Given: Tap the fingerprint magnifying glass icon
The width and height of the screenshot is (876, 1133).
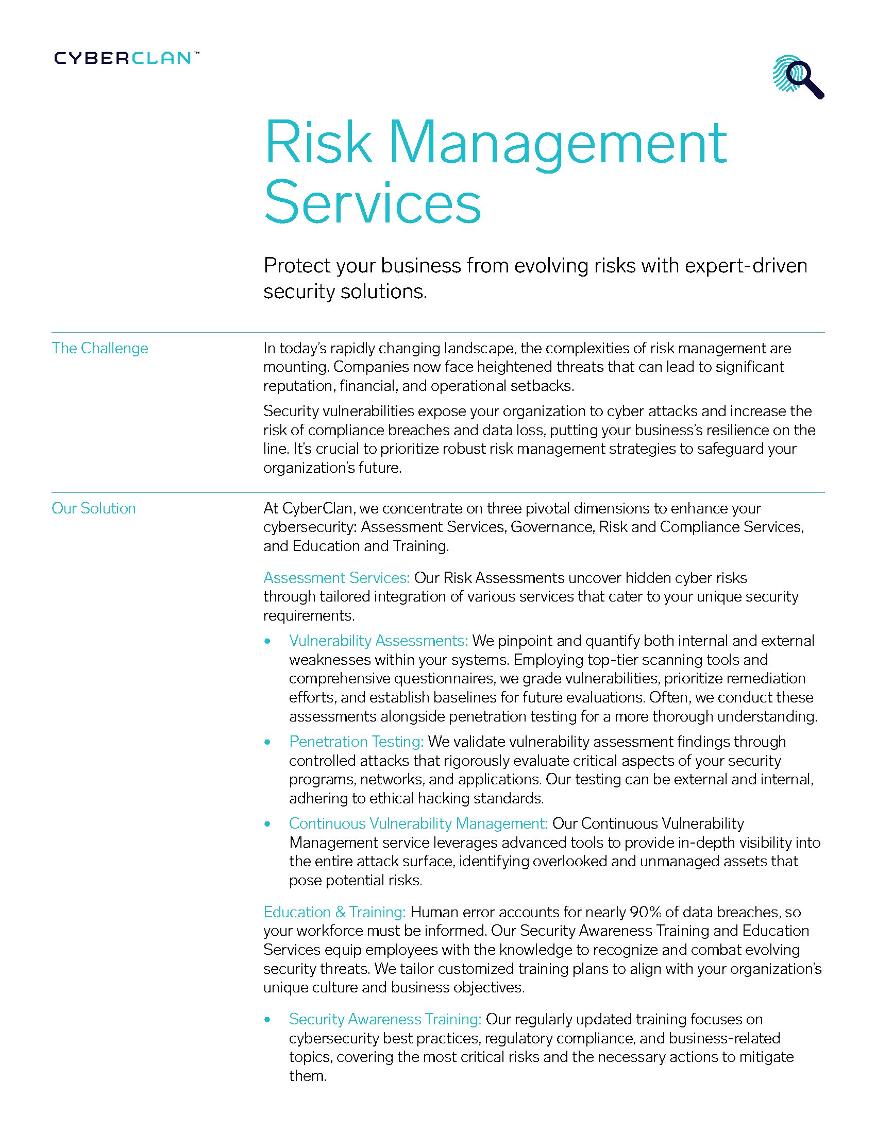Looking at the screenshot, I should pyautogui.click(x=798, y=77).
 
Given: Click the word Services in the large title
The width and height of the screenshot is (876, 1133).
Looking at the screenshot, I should pyautogui.click(x=373, y=203).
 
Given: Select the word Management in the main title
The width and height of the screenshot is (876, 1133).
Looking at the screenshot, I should pyautogui.click(x=558, y=143).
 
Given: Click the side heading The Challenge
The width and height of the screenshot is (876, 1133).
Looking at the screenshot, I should pyautogui.click(x=99, y=348).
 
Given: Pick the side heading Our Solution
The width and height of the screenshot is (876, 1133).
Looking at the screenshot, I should pyautogui.click(x=93, y=508).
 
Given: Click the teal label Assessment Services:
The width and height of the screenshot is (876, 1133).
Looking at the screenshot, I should pyautogui.click(x=336, y=578).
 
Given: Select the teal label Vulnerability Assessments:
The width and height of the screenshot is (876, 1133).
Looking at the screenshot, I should pyautogui.click(x=378, y=641).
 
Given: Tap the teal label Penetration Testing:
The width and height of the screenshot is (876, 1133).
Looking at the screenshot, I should pyautogui.click(x=356, y=742).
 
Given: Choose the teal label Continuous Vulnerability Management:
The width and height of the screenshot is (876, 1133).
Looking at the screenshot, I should pyautogui.click(x=418, y=823).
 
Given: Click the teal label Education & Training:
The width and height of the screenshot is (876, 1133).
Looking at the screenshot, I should pyautogui.click(x=334, y=912).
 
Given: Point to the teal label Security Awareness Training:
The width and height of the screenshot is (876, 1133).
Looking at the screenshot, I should pyautogui.click(x=385, y=1019).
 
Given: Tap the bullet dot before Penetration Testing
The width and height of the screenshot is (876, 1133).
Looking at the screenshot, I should pyautogui.click(x=267, y=742).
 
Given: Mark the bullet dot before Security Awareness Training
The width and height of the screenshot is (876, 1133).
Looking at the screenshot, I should pyautogui.click(x=267, y=1020).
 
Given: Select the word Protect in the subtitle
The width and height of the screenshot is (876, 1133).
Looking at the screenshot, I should pyautogui.click(x=297, y=266).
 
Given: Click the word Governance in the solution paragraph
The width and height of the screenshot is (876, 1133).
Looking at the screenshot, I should pyautogui.click(x=552, y=527).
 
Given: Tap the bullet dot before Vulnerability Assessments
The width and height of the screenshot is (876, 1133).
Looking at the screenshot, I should pyautogui.click(x=267, y=641).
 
